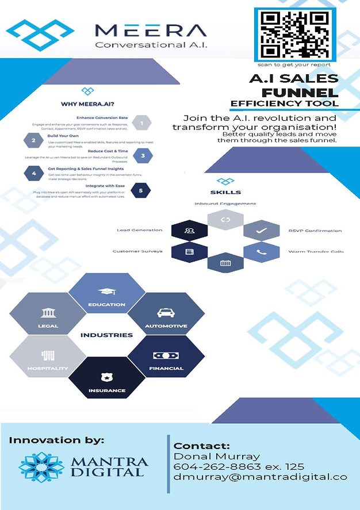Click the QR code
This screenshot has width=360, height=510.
coord(294,35)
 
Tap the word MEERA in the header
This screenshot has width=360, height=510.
coord(150,30)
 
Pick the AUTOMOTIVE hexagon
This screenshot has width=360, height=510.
coord(166,317)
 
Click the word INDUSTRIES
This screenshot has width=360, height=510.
coord(106,335)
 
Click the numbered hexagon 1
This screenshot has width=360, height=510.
coord(141,122)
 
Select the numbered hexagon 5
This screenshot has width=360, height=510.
coord(140,189)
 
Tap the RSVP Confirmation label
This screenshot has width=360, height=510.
coord(315,231)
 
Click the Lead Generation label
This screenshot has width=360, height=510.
coord(139,230)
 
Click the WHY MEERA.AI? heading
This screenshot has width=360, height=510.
coord(86,104)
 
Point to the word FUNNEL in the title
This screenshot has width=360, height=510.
coord(300,93)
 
